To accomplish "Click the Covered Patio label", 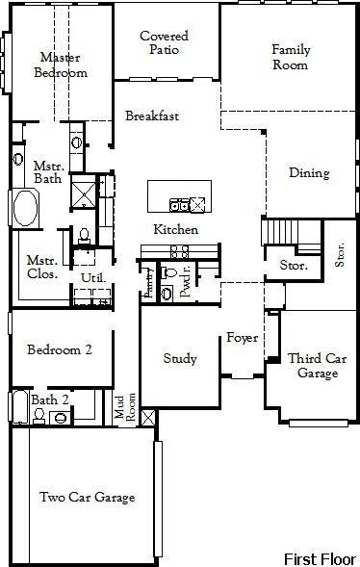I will (163, 43).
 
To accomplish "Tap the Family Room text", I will (290, 57).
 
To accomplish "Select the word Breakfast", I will (152, 116).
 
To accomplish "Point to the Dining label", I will (309, 173).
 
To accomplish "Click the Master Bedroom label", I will (60, 64).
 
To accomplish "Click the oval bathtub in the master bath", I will (23, 207).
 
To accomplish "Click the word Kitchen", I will (175, 230).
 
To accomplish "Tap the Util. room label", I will (92, 277).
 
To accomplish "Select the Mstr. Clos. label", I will (41, 266).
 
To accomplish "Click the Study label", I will (179, 359).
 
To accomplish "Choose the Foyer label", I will (241, 338).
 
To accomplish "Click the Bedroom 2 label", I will (59, 349).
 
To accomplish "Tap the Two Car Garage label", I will (87, 498).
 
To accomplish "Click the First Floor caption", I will (319, 557).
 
